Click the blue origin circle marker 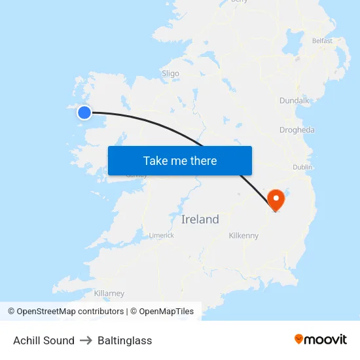84,113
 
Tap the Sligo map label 170,74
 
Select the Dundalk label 294,101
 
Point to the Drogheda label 297,130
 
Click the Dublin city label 302,168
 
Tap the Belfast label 322,41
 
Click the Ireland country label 200,219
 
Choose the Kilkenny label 243,236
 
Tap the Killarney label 109,293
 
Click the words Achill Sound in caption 44,340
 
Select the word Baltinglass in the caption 124,340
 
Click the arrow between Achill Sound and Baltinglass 86,340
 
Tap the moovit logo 321,339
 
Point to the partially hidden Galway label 136,176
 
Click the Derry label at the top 240,2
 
